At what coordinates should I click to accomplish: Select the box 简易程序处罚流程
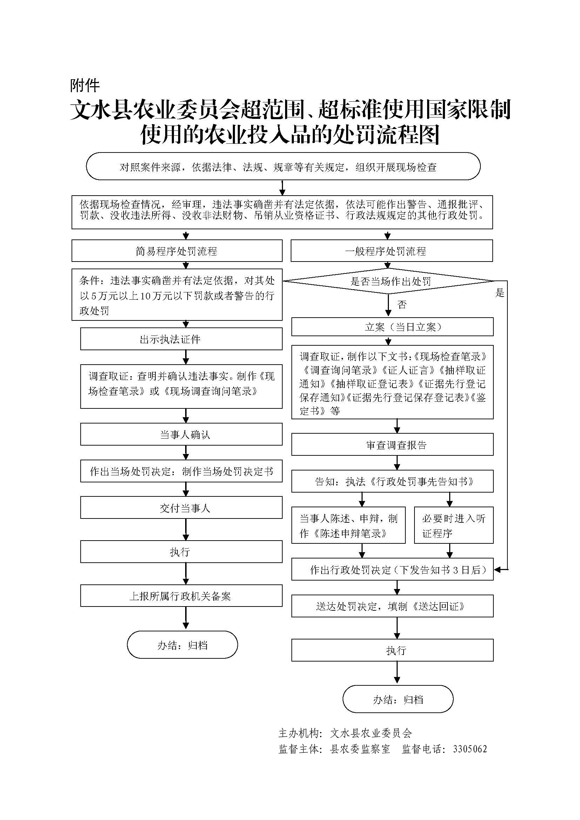(177, 251)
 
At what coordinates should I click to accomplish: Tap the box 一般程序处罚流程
(391, 251)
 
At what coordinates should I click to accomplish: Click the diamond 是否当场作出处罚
(389, 282)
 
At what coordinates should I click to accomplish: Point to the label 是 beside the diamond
(500, 293)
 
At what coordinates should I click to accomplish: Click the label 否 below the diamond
(402, 305)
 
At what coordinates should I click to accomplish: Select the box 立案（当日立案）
(392, 327)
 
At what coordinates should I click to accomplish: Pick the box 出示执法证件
(181, 339)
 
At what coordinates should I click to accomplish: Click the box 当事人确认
(181, 434)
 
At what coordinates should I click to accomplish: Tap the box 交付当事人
(181, 508)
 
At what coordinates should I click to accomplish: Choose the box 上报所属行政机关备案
(181, 596)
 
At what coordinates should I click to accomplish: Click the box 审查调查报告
(392, 445)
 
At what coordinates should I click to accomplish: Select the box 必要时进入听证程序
(453, 526)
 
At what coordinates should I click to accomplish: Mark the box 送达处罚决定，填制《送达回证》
(392, 606)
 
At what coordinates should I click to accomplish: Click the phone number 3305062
(470, 749)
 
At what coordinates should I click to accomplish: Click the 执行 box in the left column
(181, 552)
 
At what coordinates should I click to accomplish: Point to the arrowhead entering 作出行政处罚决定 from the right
(498, 570)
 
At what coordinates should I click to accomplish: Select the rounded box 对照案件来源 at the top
(283, 167)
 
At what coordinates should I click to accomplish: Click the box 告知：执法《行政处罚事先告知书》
(392, 481)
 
